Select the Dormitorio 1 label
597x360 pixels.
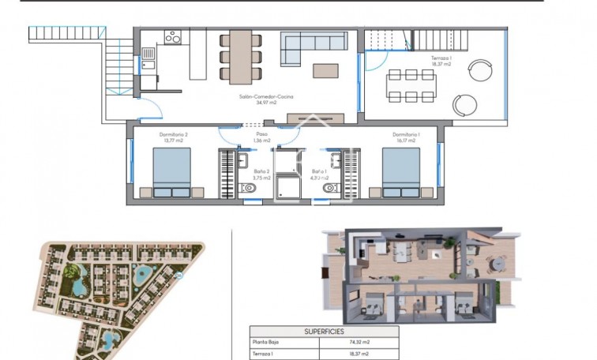click(407, 135)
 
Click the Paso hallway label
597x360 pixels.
click(261, 135)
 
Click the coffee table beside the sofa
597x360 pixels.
click(326, 71)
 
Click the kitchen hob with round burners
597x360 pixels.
click(173, 37)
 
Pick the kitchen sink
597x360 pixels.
click(148, 54)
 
